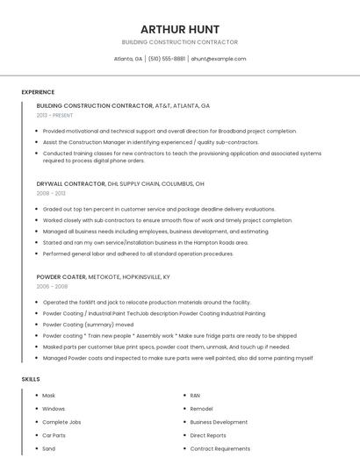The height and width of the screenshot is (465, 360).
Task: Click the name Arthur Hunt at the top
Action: (180, 29)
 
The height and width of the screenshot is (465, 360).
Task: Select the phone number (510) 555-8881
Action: (167, 59)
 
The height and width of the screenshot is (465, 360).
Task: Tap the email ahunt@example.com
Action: (218, 59)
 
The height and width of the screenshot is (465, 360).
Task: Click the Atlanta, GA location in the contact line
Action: (128, 59)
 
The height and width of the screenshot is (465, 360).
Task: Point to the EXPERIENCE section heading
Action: (38, 92)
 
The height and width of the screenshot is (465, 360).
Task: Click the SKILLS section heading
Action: (31, 379)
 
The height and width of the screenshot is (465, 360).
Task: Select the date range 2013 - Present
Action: (54, 115)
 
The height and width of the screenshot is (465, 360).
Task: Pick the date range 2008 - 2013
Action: (51, 193)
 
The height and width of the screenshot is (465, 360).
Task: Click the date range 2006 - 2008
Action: (52, 286)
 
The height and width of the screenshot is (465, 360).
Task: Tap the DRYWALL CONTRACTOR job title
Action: (70, 184)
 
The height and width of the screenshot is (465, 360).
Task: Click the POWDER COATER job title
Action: (61, 276)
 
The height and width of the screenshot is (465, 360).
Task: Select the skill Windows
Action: (54, 409)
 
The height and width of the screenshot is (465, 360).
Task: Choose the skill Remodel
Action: (201, 409)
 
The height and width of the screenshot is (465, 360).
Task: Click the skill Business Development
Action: (219, 422)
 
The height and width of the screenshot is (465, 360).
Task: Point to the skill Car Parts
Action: (54, 435)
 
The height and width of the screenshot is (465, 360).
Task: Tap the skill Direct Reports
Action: (208, 435)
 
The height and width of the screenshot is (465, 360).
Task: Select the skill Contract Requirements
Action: (220, 448)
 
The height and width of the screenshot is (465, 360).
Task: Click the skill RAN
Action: (195, 396)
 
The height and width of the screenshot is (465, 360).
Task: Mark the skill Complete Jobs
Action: (61, 422)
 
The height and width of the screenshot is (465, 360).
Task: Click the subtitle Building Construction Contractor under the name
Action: (180, 42)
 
